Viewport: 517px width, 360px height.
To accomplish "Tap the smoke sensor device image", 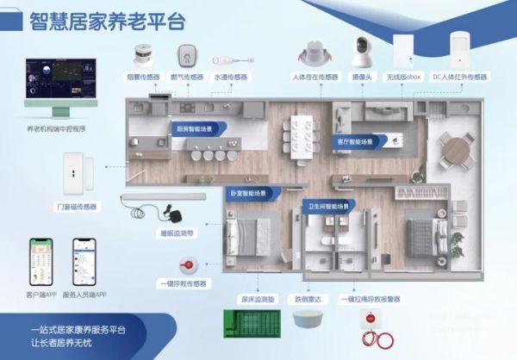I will point(145,53).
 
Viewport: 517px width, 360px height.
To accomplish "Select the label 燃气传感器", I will point(184,77).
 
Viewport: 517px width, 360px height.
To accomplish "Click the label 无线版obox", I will point(409,77).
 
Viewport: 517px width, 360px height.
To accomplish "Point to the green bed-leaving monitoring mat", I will point(256,328).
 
